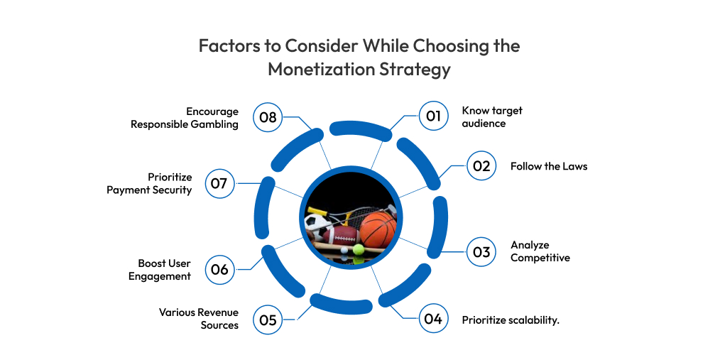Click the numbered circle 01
(x=433, y=116)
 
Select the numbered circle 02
(x=481, y=165)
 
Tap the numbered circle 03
(x=481, y=251)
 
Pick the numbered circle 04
(x=433, y=319)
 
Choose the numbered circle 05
(x=268, y=319)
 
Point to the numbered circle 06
(x=219, y=269)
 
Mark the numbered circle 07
(x=219, y=183)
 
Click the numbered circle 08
(x=268, y=117)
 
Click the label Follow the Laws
(x=549, y=166)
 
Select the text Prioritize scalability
(x=511, y=320)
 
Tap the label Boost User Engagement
(x=160, y=270)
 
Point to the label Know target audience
(x=492, y=117)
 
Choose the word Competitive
(x=540, y=258)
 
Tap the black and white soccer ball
(x=316, y=224)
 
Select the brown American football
(x=342, y=234)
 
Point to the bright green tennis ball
(x=358, y=250)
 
